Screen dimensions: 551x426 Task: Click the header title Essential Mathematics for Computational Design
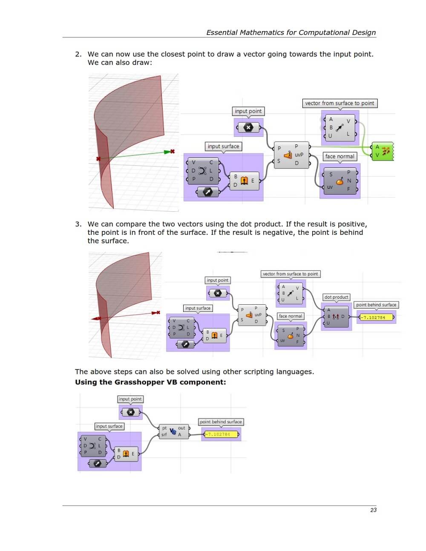291,32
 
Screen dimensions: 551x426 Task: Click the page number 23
373,510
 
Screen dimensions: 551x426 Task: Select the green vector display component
382,151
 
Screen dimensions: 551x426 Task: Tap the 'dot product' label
336,297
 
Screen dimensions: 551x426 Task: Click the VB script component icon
173,431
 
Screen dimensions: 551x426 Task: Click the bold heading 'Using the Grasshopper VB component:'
150,382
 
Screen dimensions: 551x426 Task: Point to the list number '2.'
78,54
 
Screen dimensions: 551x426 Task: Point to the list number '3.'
78,224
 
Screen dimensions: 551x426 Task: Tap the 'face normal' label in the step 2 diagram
340,156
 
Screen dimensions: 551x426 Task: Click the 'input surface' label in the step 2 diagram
223,146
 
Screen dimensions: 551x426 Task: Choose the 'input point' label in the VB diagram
130,399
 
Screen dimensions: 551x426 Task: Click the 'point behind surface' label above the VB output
221,421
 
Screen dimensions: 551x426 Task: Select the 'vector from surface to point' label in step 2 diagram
340,103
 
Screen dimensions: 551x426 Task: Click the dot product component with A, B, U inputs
336,317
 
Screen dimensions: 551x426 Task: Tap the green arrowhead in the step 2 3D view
167,152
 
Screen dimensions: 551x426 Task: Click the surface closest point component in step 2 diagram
291,155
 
